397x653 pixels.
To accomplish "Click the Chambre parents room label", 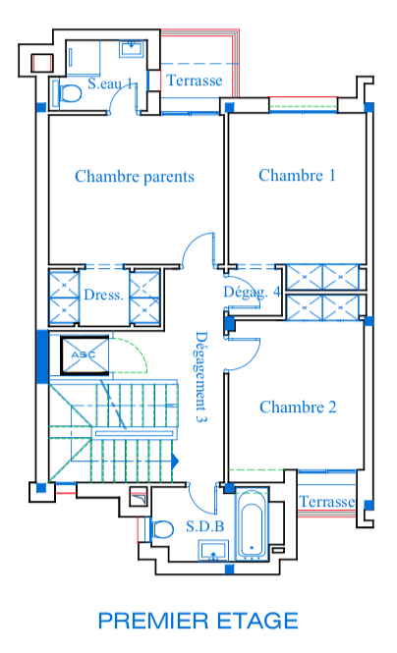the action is [135, 176].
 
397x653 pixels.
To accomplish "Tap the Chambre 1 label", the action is [297, 175].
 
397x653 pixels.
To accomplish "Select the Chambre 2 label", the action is [298, 407].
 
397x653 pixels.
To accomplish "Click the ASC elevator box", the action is [85, 355].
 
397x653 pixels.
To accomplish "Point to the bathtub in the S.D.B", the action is [252, 524].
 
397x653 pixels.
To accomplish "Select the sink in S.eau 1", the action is [132, 48].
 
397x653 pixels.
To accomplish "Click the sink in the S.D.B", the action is [213, 551].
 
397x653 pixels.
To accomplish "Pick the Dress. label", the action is [103, 295].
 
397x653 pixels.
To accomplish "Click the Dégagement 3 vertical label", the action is [201, 377].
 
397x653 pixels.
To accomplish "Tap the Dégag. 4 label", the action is [252, 293].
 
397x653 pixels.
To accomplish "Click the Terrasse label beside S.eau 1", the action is [195, 80].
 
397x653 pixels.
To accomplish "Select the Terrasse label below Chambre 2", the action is [326, 502].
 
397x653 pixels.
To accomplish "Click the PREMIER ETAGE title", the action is [198, 621].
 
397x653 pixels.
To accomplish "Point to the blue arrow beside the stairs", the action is [175, 461].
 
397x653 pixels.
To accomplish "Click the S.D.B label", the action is [205, 526].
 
